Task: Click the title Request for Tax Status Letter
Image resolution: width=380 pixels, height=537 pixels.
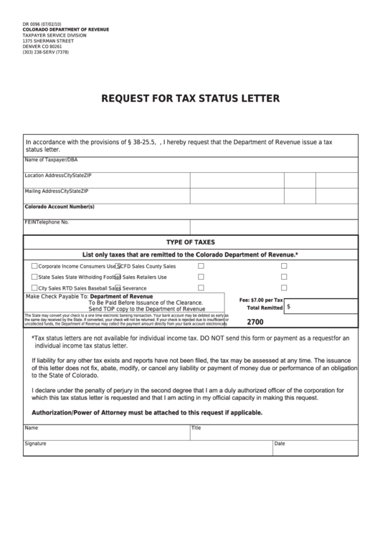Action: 190,98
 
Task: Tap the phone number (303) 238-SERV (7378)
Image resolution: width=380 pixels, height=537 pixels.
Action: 46,52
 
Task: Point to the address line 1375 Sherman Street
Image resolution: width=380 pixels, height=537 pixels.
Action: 49,40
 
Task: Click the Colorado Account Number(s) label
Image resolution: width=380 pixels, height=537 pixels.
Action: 60,206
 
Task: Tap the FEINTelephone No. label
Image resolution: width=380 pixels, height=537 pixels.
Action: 47,222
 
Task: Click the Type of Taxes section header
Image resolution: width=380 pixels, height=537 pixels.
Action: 190,242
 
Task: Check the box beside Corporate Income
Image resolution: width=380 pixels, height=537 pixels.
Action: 34,266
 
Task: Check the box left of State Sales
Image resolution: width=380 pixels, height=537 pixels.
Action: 34,277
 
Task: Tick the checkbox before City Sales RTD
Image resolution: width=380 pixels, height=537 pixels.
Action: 34,287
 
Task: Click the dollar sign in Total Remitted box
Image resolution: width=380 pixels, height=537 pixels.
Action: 288,306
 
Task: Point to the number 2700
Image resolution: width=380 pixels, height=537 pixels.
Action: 255,322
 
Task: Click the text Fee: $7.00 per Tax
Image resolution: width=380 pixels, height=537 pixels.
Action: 261,299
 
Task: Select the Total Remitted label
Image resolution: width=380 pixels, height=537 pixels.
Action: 265,307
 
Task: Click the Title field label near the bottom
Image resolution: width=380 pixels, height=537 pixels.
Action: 196,427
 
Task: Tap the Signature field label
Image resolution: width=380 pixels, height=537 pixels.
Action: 36,444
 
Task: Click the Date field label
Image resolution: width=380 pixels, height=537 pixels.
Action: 280,444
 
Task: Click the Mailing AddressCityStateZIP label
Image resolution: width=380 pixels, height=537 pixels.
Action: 57,191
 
